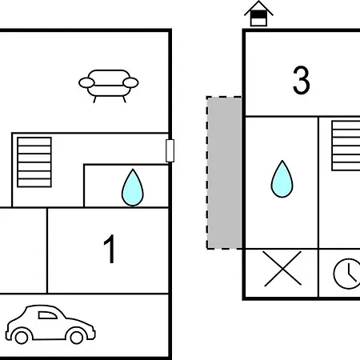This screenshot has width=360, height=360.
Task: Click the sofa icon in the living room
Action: (109, 86)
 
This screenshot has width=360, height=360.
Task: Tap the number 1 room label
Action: (110, 249)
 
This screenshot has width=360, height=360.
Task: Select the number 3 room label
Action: (302, 80)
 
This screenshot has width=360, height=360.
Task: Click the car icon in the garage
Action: (50, 324)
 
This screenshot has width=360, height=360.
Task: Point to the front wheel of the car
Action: (77, 337)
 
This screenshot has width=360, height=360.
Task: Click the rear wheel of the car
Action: (22, 337)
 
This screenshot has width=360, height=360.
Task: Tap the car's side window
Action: (47, 315)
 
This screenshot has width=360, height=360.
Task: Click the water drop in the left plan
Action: (133, 187)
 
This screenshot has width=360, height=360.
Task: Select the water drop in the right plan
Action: (282, 179)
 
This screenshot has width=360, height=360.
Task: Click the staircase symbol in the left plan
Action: (34, 162)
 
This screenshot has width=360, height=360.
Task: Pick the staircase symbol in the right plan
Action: (346, 146)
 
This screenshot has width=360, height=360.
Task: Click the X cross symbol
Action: (282, 269)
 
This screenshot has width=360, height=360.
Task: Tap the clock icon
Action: (346, 274)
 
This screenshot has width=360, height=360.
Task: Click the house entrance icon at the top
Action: (258, 14)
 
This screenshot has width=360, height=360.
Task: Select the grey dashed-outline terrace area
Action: (224, 173)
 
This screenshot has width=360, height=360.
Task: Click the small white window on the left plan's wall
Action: (170, 150)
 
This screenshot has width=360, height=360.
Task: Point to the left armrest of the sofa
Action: (86, 82)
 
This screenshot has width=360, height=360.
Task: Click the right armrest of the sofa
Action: (130, 82)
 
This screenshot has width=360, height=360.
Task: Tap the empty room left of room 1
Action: (23, 250)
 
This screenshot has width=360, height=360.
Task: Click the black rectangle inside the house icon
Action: (258, 14)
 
